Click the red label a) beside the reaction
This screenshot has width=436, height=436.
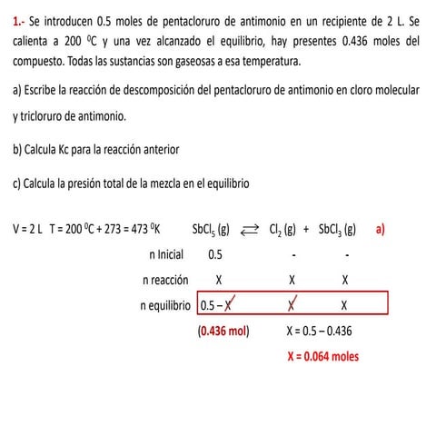(x=381, y=229)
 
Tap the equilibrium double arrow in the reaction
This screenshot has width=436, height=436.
(x=249, y=230)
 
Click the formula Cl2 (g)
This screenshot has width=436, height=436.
(x=282, y=230)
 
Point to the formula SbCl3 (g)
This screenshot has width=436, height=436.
(x=337, y=230)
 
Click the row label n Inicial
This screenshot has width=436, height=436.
(x=172, y=255)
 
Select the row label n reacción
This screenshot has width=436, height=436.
(x=165, y=280)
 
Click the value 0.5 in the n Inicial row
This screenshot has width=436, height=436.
(x=215, y=255)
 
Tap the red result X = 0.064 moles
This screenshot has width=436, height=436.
(x=322, y=356)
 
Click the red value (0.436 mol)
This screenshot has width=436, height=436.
(x=223, y=332)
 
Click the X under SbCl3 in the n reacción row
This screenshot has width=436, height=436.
(x=346, y=280)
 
